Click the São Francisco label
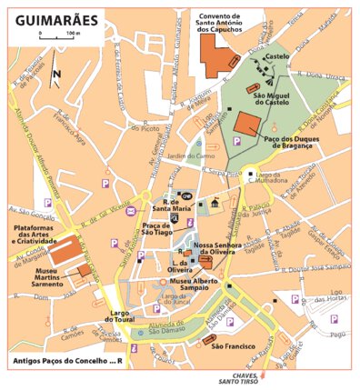(x=232, y=346)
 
